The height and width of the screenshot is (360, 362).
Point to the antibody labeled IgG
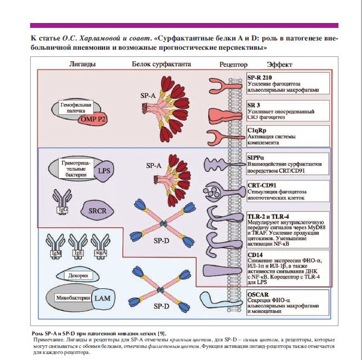click(62, 200)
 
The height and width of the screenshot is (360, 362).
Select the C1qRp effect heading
click(256, 132)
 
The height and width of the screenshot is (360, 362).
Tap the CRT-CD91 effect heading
click(261, 185)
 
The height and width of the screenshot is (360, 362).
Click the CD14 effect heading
click(255, 254)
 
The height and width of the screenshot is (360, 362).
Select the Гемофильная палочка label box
click(71, 107)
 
